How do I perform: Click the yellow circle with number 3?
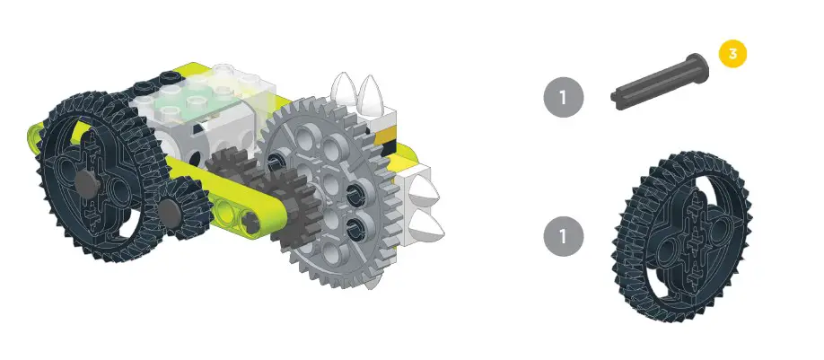click(732, 53)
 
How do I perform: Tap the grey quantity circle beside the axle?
click(564, 97)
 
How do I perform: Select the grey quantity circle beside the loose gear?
click(564, 236)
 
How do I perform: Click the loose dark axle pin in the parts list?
click(660, 82)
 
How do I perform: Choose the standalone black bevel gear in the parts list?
click(683, 236)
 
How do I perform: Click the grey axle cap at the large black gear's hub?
click(87, 182)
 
